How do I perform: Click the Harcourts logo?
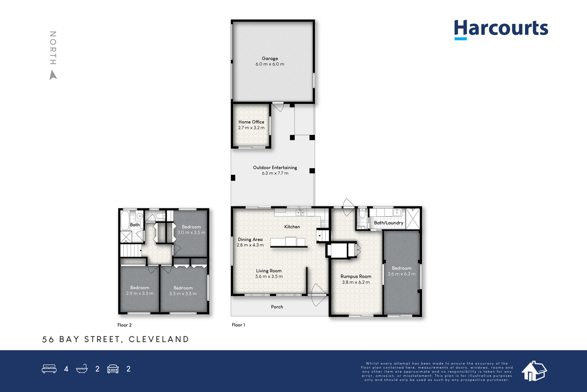[x=501, y=30]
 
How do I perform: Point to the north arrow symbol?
[x=53, y=75]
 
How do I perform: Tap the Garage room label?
[x=270, y=58]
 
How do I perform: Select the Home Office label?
[x=251, y=122]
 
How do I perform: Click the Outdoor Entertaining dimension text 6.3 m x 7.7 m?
[x=275, y=173]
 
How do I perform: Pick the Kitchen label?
[x=292, y=227]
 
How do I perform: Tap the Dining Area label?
[x=250, y=239]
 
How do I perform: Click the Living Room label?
[x=269, y=271]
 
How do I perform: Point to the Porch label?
[x=277, y=307]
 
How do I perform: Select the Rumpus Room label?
[x=356, y=276]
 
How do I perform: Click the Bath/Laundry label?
[x=389, y=223]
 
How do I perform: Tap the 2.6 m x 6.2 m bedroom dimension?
[x=401, y=274]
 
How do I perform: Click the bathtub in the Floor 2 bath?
[x=125, y=220]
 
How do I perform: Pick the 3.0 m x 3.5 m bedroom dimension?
[x=191, y=233]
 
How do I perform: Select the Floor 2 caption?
[x=124, y=325]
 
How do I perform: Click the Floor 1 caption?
[x=238, y=325]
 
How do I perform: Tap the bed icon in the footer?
[x=49, y=368]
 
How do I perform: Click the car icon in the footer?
[x=113, y=369]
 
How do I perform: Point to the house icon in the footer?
[x=534, y=371]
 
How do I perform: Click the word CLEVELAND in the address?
[x=159, y=339]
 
